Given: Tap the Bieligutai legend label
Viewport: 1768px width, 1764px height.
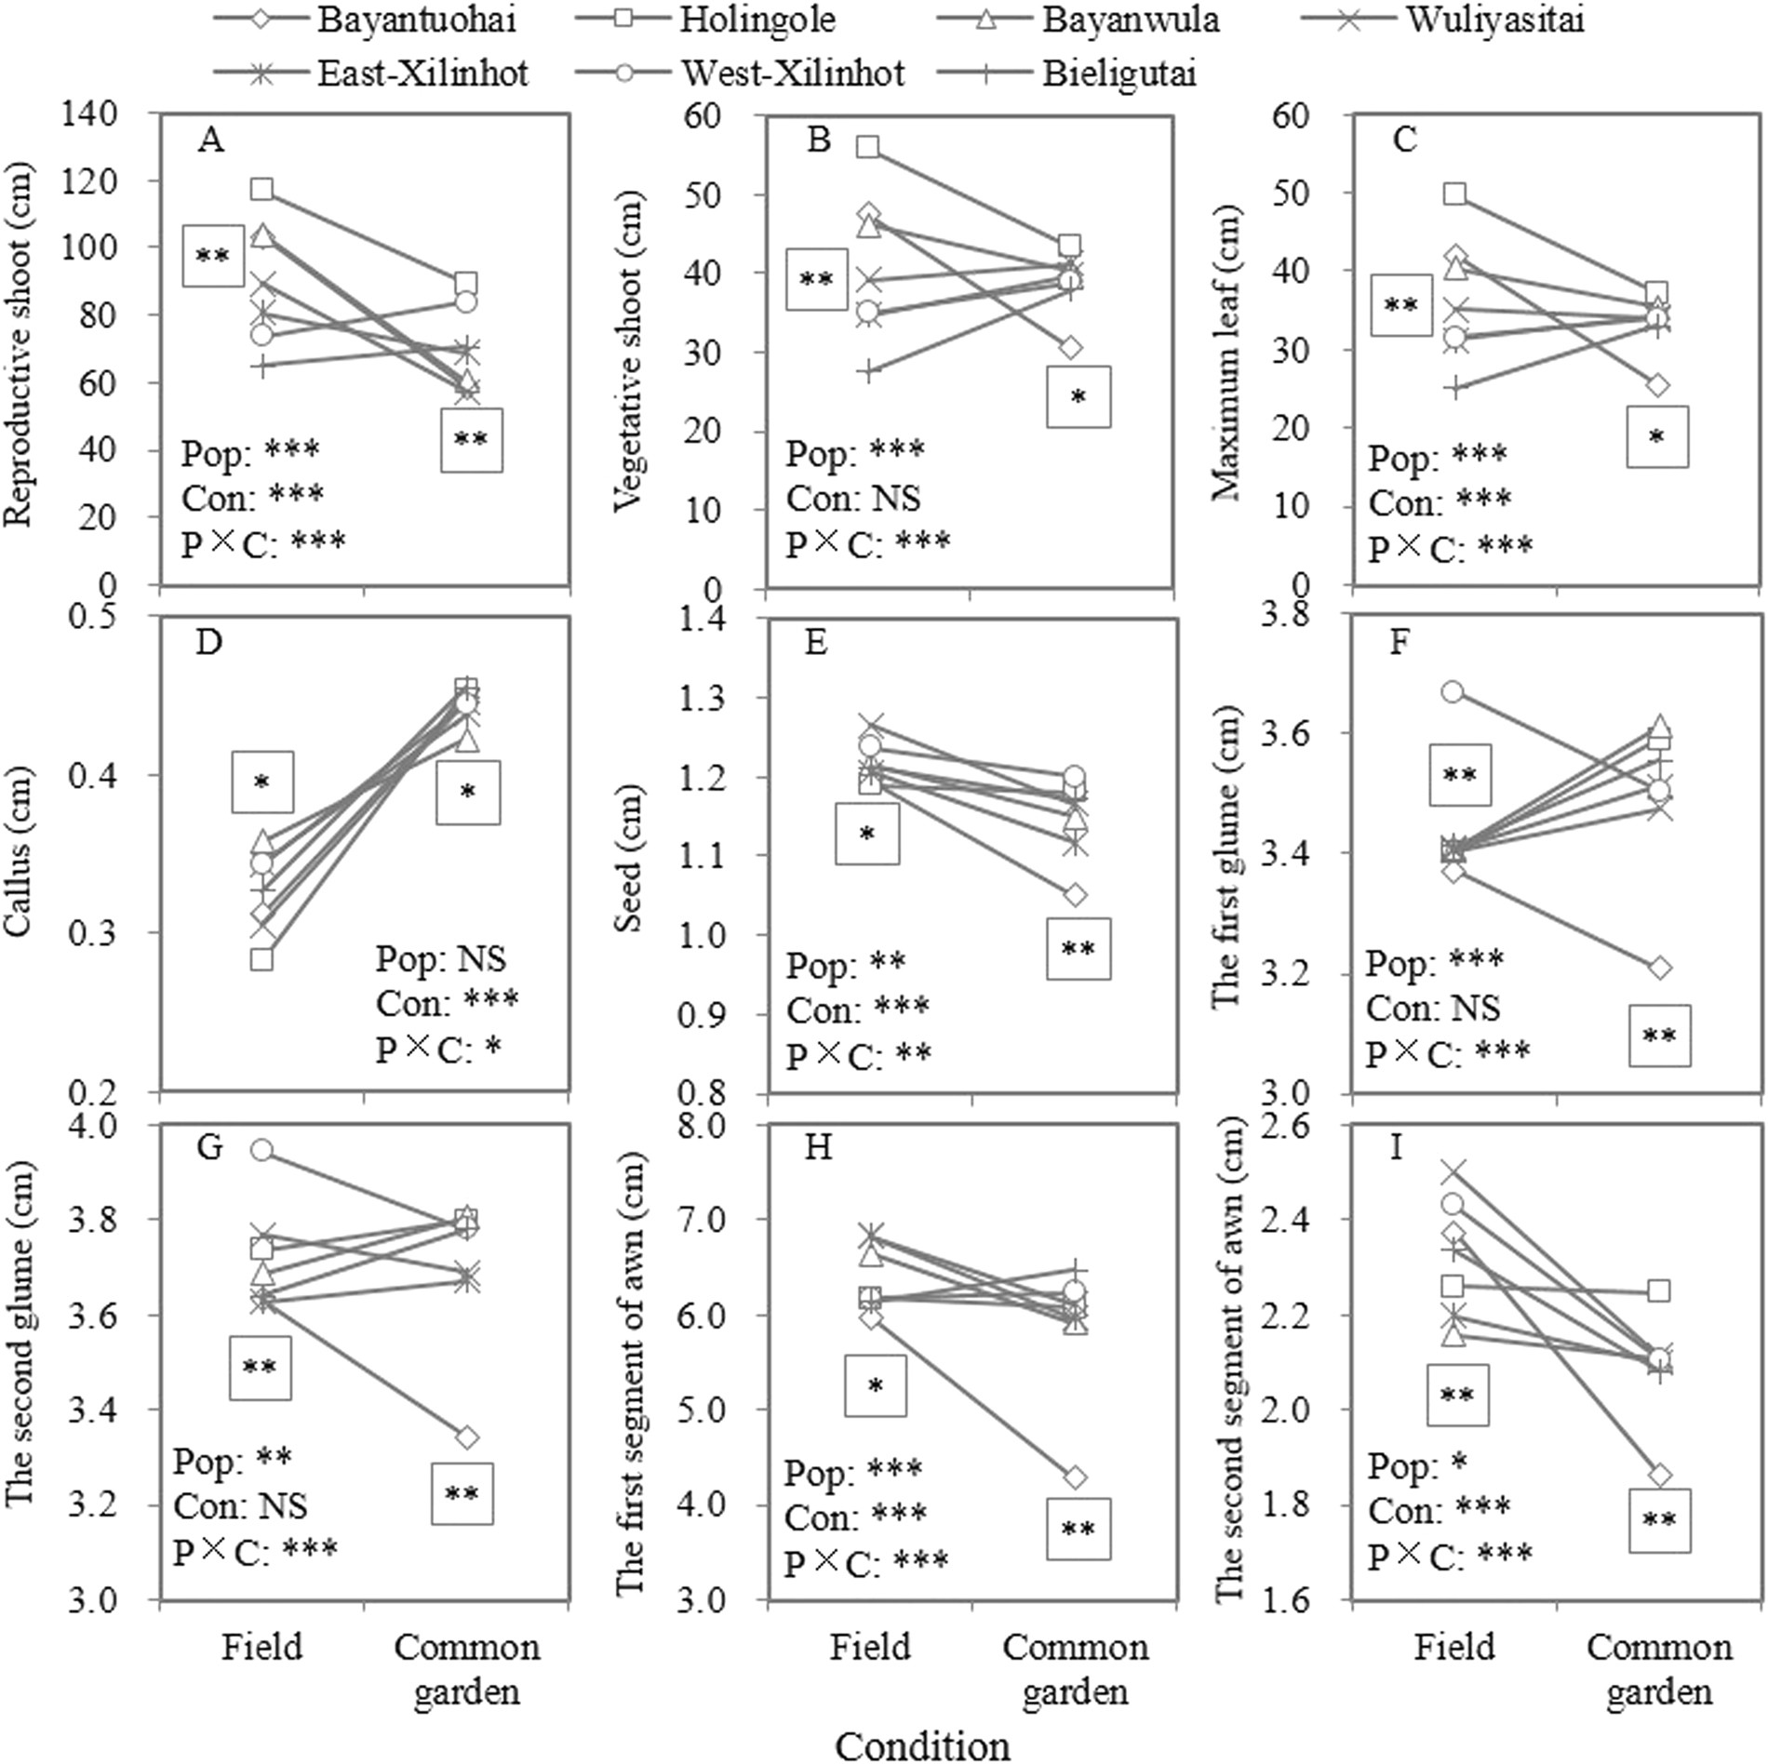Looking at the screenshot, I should (1118, 72).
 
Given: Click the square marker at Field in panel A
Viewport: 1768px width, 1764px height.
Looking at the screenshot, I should (262, 190).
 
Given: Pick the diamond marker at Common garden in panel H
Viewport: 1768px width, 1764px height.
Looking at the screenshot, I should (1076, 1477).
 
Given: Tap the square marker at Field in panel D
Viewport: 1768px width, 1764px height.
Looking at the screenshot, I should (262, 959).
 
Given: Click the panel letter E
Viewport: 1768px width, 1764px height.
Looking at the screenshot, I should (815, 643).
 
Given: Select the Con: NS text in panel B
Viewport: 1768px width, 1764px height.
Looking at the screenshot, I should (853, 499).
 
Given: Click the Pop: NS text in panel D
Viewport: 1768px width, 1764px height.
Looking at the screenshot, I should (441, 959).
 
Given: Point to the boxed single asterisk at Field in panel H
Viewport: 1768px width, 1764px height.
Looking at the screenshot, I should (875, 1386).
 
